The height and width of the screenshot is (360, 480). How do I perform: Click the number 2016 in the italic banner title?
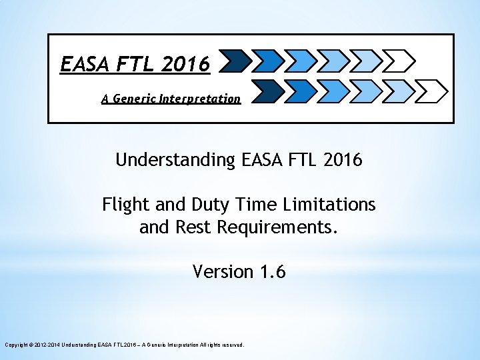[x=185, y=64]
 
